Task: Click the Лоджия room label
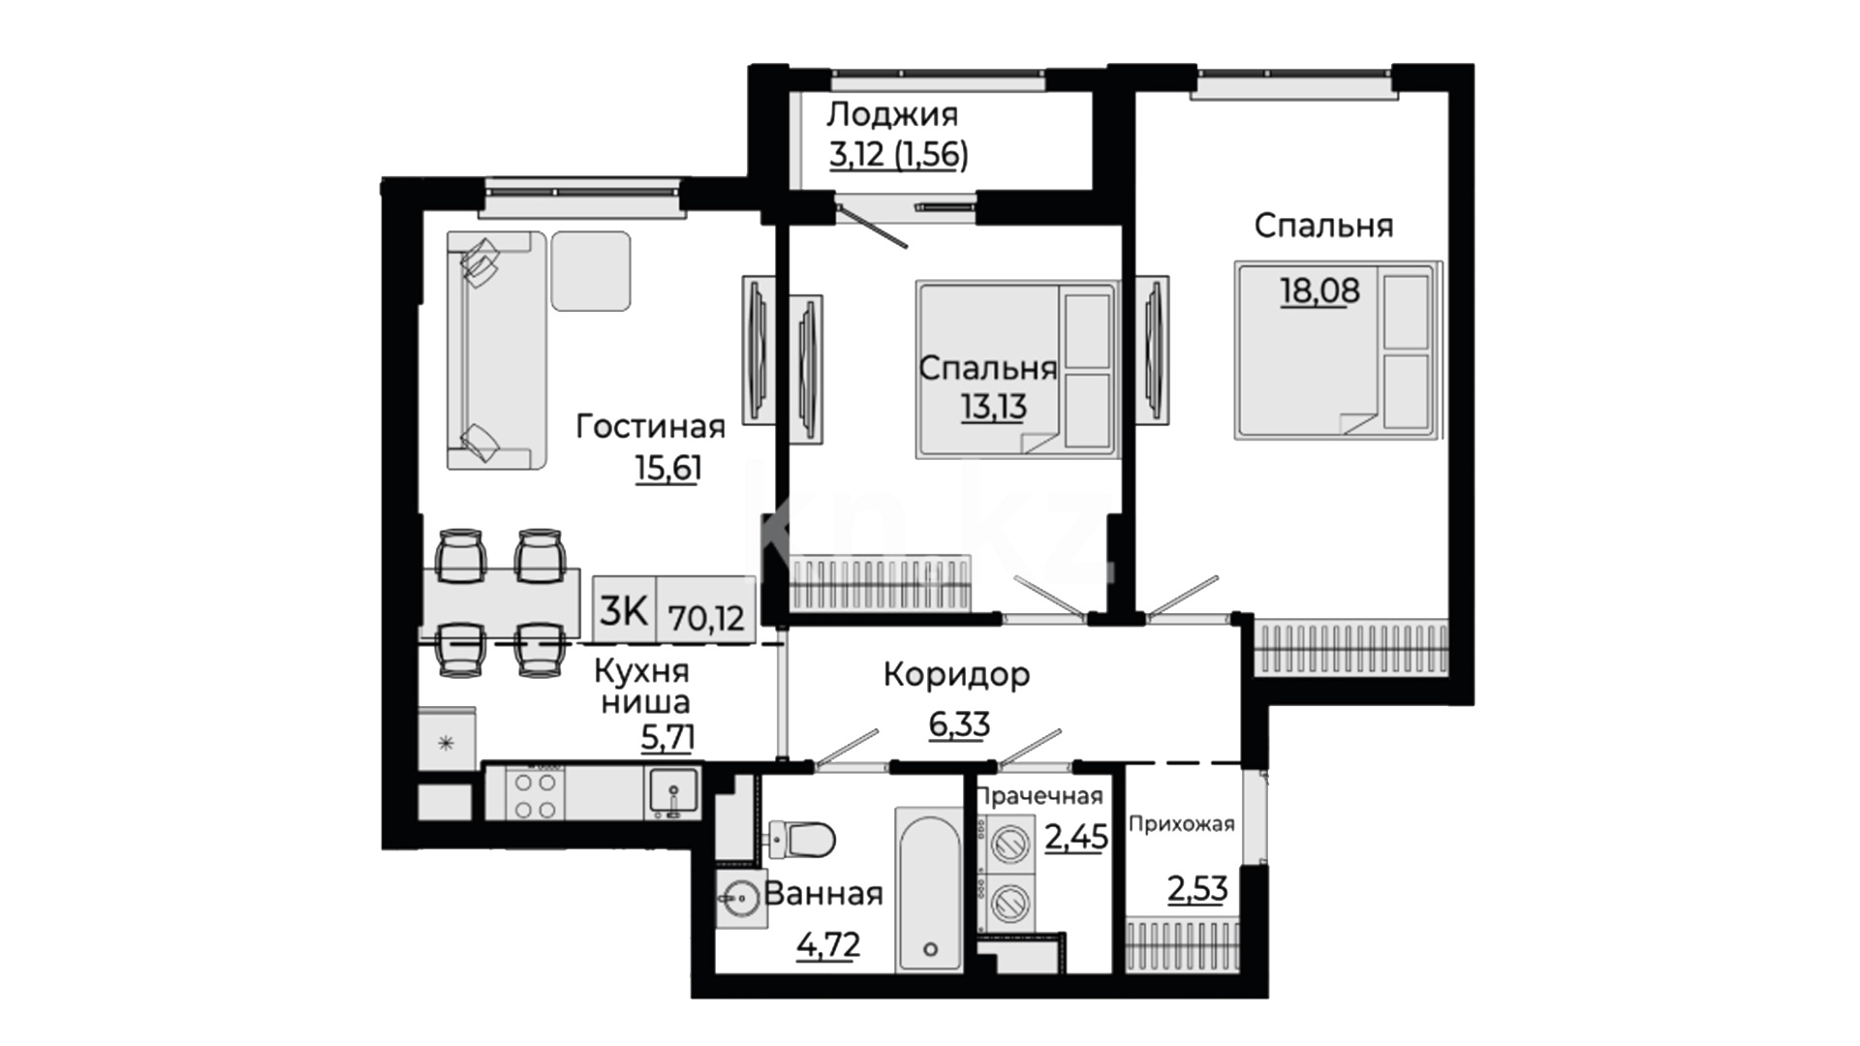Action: pos(892,114)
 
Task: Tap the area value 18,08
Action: pos(1320,290)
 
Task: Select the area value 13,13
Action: pos(994,407)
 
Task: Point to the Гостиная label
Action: pos(651,426)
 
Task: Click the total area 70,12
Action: pos(706,617)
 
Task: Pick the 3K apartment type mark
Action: pos(623,611)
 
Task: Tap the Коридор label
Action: pos(956,674)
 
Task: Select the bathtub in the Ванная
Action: pos(929,889)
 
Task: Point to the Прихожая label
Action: pos(1182,824)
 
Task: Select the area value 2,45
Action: pos(1076,835)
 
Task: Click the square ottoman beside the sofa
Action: pos(591,271)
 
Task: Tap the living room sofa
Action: pos(496,351)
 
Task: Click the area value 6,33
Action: pos(959,723)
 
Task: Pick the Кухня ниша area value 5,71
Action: pos(667,738)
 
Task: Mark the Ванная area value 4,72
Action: pos(828,943)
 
